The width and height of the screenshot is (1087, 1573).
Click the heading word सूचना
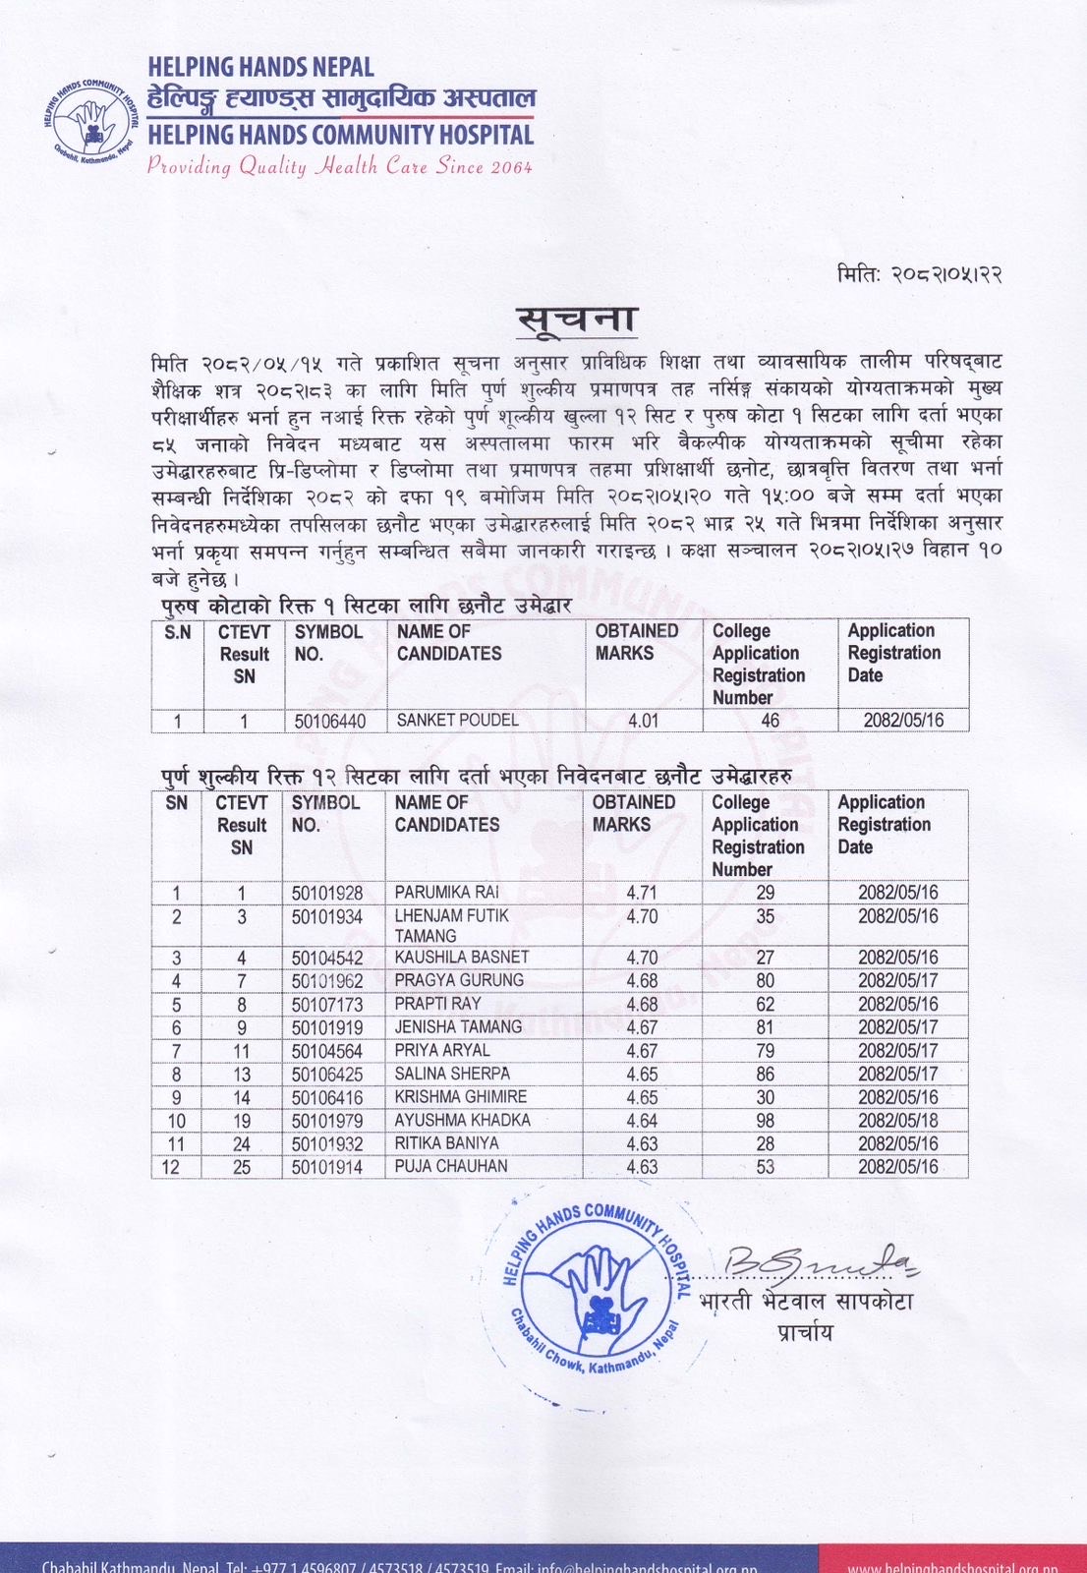[x=577, y=320]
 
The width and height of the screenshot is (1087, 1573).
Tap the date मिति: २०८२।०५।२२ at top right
[x=920, y=275]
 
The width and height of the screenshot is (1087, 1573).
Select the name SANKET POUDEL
[x=457, y=721]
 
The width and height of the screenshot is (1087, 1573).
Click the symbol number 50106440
[x=330, y=721]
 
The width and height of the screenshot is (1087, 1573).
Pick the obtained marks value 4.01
[x=643, y=721]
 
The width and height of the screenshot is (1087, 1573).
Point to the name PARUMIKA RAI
[x=446, y=893]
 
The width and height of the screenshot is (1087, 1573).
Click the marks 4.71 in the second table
[x=641, y=893]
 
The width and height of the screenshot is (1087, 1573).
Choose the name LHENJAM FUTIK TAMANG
[x=451, y=925]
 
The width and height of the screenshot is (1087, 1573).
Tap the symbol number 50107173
[x=327, y=1004]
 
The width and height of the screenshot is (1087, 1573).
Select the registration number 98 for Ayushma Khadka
[x=765, y=1121]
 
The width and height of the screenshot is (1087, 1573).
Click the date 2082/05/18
[x=897, y=1121]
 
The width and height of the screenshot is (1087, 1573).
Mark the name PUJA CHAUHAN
[x=451, y=1167]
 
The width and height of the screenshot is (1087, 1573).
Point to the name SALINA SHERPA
[x=452, y=1074]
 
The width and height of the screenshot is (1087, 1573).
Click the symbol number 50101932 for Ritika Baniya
[x=327, y=1143]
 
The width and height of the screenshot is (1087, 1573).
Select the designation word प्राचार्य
[x=804, y=1333]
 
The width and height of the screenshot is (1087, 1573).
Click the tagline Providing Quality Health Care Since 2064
[x=340, y=167]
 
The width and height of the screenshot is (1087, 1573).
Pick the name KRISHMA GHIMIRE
[x=460, y=1097]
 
